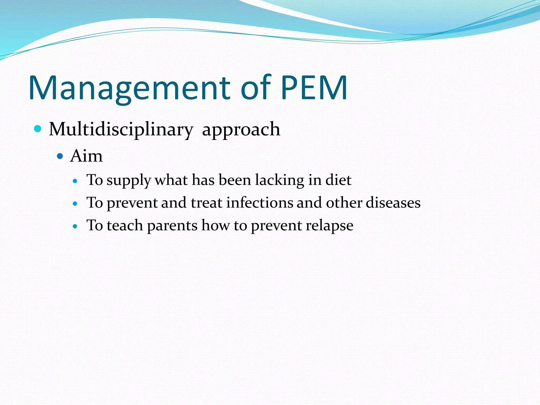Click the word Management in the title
[129, 88]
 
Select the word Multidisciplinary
[121, 130]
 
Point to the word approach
[241, 130]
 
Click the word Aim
[86, 156]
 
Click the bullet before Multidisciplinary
[38, 129]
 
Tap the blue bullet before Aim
[60, 156]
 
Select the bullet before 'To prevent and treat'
[75, 204]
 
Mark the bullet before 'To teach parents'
[75, 226]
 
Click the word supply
[129, 181]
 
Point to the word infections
[259, 203]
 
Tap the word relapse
[329, 226]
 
